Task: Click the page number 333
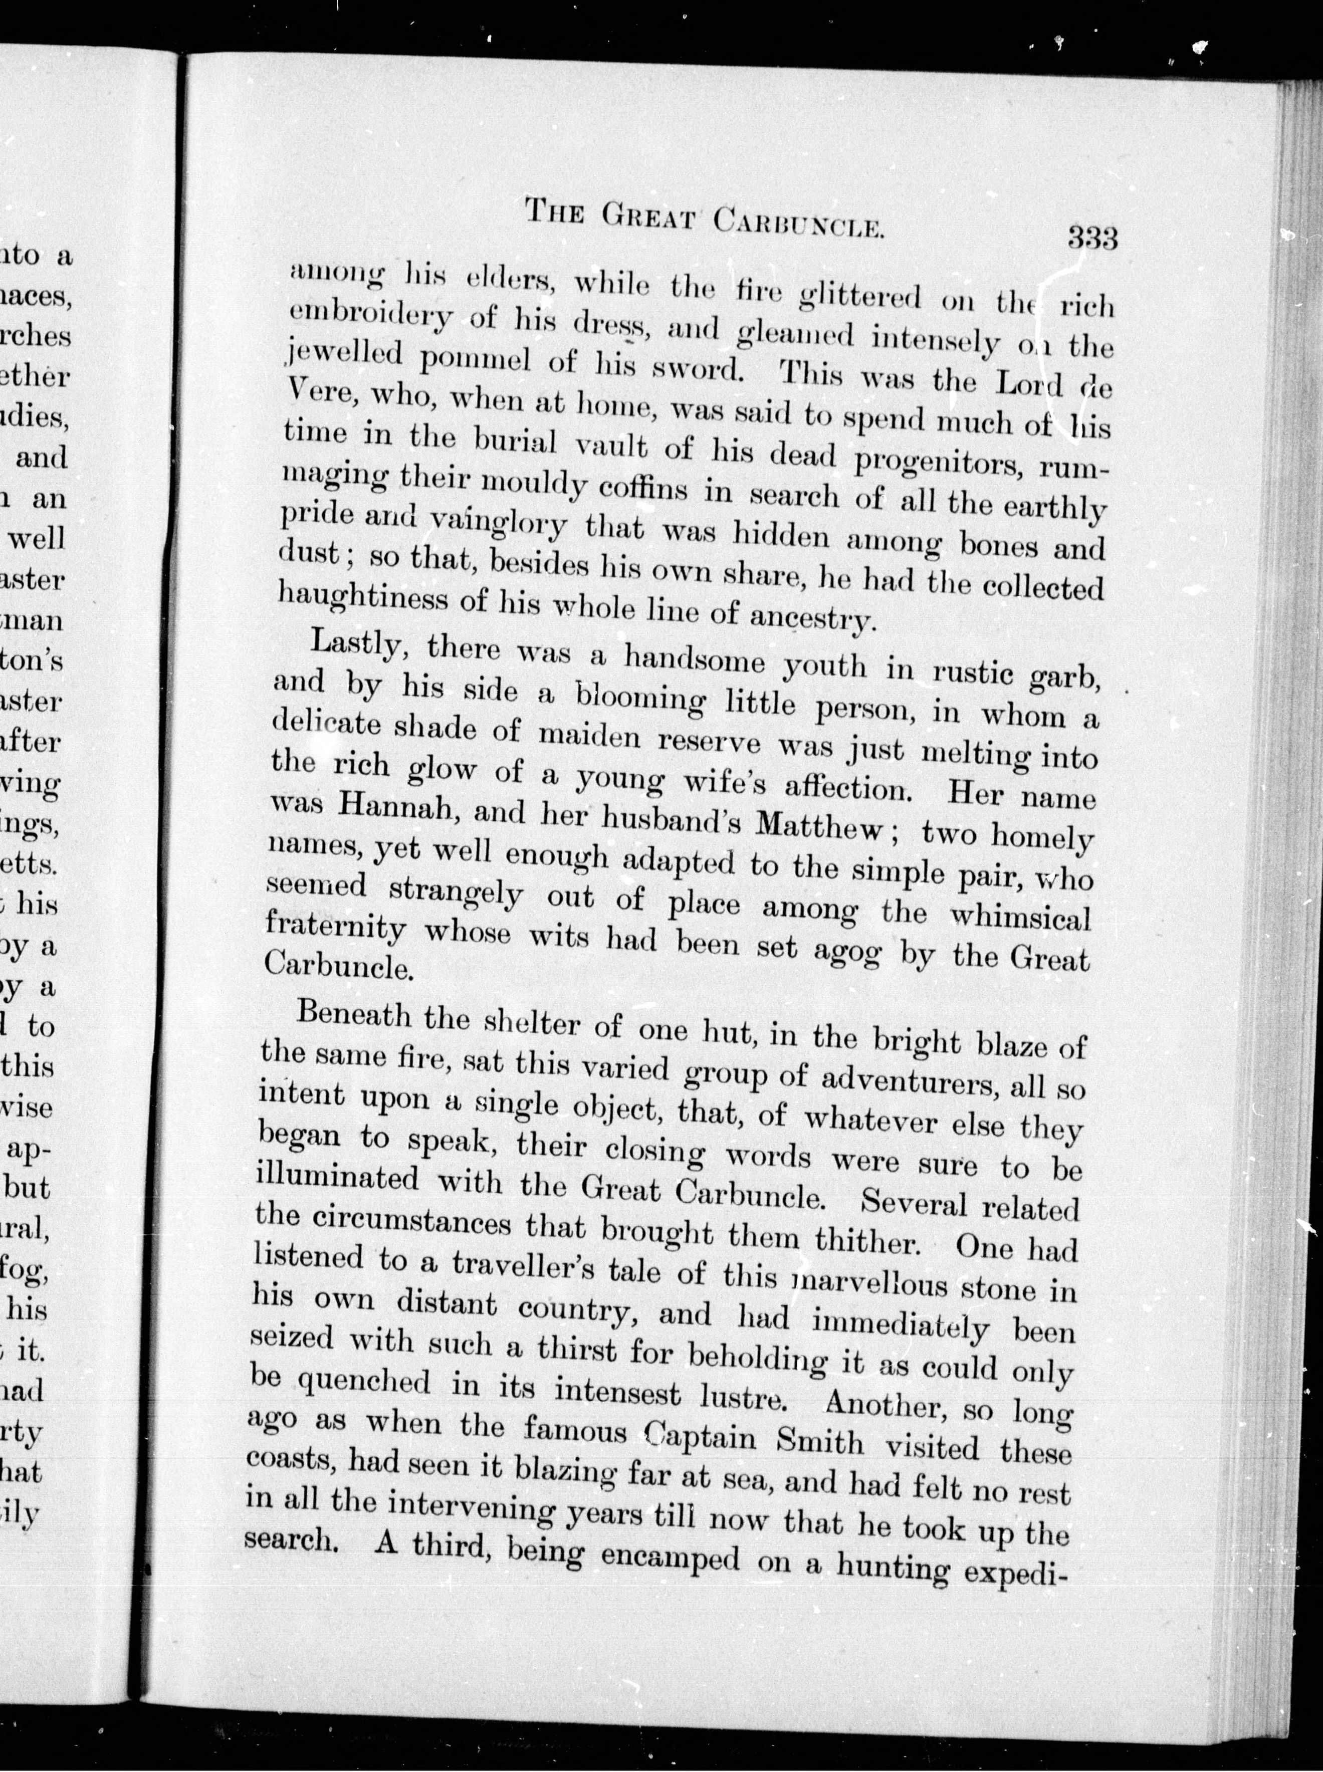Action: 1091,239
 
